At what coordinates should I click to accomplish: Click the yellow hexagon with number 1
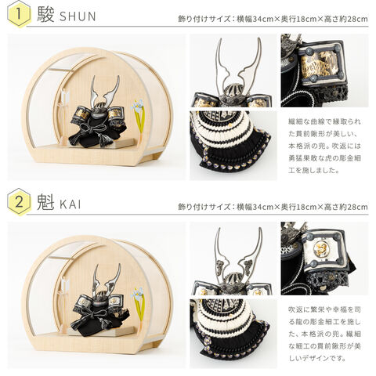[19, 14]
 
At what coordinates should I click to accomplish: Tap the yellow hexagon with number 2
[19, 202]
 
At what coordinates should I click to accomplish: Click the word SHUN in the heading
[78, 16]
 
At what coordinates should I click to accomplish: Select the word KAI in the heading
[70, 204]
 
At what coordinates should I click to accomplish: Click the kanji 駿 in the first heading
[45, 15]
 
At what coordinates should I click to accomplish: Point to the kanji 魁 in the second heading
[45, 203]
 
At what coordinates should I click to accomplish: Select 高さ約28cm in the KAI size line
[345, 207]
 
